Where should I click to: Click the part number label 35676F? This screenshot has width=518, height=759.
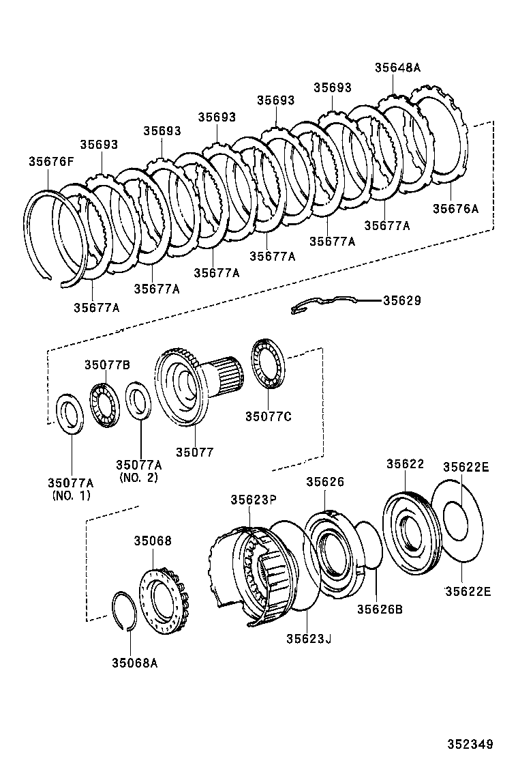pos(50,161)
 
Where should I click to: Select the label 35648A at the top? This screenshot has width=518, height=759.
pos(397,68)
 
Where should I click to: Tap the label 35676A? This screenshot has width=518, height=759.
pos(455,209)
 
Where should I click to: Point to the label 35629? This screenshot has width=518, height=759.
pos(402,300)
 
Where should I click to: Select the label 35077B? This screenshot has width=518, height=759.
pos(107,364)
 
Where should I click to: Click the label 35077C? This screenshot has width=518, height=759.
pos(269,416)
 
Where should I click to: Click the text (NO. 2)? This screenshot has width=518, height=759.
pos(138,477)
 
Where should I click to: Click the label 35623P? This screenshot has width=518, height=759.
pos(253,500)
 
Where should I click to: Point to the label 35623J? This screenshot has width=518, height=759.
pos(308,638)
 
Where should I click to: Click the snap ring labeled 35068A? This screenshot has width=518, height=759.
pos(125,611)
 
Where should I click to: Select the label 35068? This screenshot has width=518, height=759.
pos(152,541)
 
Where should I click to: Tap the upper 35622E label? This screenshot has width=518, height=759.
pos(466,468)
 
